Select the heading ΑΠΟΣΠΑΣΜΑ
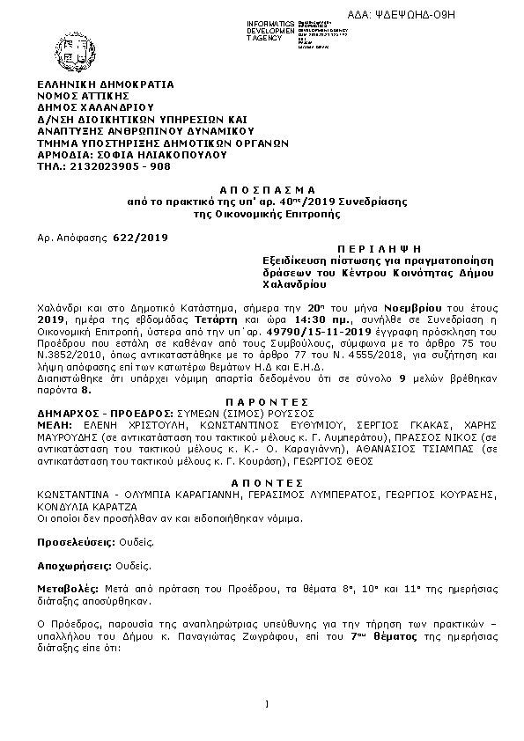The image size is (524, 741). pos(262,190)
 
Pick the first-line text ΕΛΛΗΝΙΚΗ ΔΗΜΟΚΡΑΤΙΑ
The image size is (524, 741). pos(105,84)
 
